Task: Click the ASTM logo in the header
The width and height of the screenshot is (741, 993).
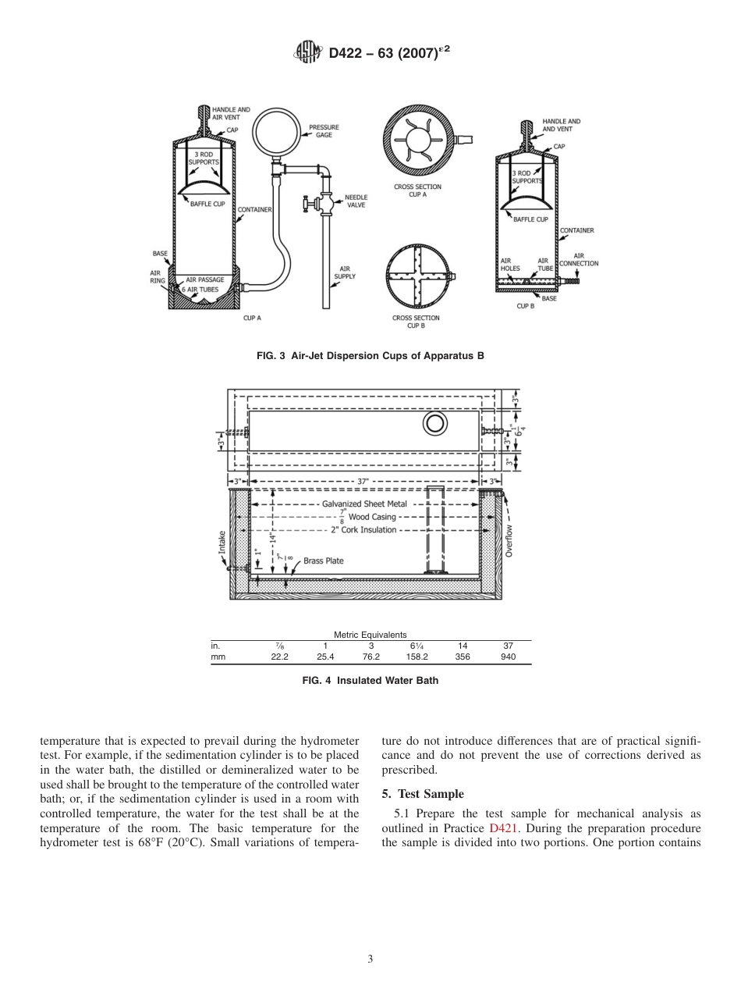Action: click(x=307, y=53)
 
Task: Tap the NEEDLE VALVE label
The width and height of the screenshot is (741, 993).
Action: click(x=356, y=201)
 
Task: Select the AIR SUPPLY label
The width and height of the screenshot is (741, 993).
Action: click(x=345, y=272)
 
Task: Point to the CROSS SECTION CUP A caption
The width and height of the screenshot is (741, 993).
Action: click(x=417, y=190)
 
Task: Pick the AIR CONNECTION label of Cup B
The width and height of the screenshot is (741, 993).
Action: click(x=578, y=259)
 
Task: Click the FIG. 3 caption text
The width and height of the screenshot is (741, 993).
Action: click(x=370, y=356)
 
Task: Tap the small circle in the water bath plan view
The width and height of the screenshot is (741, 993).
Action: click(x=434, y=423)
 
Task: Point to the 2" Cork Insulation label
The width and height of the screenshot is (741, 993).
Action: click(x=363, y=530)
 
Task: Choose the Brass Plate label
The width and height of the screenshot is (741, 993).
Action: click(x=323, y=561)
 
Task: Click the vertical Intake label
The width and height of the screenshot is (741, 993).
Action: click(x=222, y=541)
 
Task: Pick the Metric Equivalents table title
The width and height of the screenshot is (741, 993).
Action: click(x=370, y=635)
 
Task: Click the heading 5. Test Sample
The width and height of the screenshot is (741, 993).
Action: click(x=423, y=794)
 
